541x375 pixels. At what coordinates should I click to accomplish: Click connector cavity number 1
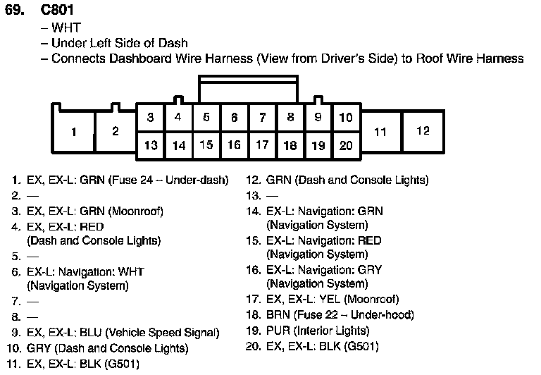point(74,132)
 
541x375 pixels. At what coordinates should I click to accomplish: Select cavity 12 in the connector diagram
point(423,131)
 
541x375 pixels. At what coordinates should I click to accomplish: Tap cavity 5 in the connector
point(206,118)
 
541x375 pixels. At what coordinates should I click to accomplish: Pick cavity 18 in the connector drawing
point(290,146)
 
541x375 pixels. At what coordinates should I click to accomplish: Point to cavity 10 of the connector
point(345,118)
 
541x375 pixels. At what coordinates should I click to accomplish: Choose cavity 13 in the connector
point(151,146)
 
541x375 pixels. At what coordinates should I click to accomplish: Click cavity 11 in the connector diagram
point(380,132)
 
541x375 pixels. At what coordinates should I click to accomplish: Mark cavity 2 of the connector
point(116,132)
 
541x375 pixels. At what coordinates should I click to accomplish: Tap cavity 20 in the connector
point(345,146)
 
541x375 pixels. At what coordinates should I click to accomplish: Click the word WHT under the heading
point(66,28)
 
